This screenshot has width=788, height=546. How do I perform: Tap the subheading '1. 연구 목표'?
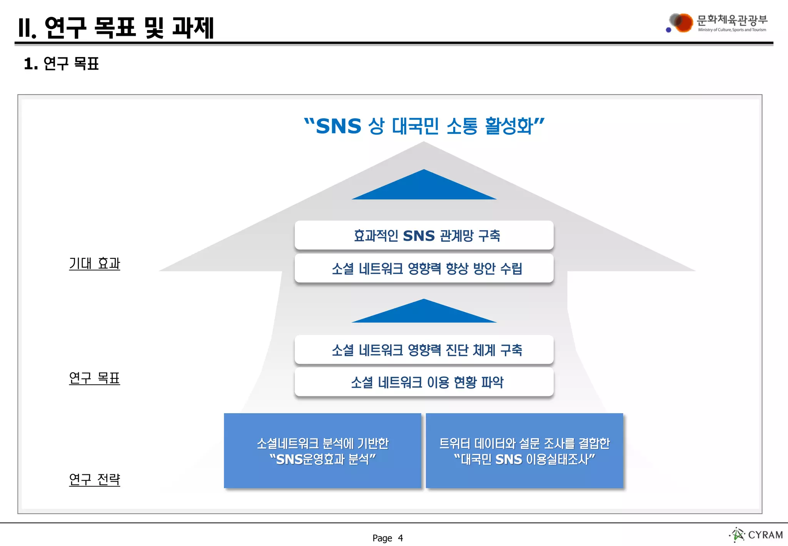[61, 64]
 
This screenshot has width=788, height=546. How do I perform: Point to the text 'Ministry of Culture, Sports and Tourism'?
[732, 30]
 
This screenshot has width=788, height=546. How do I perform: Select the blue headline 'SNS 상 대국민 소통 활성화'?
[424, 126]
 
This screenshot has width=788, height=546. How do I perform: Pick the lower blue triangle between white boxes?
[424, 313]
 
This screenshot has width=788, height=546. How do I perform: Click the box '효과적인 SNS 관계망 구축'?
[424, 235]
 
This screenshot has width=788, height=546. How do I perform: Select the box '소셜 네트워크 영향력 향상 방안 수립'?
[424, 268]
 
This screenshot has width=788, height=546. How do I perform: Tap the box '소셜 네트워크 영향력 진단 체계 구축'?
[424, 350]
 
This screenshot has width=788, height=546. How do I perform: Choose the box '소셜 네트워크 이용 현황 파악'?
[424, 382]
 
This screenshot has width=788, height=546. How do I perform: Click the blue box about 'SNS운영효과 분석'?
[322, 451]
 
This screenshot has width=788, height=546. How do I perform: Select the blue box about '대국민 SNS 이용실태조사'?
[524, 451]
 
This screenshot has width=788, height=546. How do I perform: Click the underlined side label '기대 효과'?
[95, 263]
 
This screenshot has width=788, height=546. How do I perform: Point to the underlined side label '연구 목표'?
[95, 378]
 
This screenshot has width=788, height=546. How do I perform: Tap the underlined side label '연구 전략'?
[95, 479]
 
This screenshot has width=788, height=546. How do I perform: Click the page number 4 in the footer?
[401, 538]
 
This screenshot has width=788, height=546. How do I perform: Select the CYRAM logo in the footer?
[756, 535]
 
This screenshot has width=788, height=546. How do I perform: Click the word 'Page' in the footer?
[382, 538]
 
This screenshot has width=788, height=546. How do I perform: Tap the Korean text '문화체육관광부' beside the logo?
[732, 20]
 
